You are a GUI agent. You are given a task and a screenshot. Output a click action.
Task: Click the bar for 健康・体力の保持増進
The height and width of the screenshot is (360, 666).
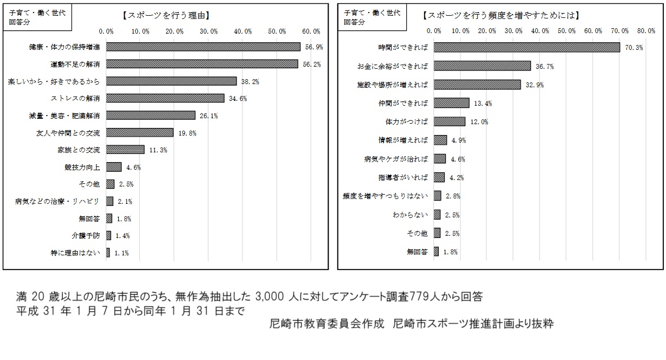(203, 47)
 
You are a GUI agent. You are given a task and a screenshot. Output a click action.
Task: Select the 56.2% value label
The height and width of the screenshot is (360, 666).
(313, 65)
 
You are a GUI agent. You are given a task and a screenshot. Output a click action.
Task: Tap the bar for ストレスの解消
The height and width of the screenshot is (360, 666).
(165, 98)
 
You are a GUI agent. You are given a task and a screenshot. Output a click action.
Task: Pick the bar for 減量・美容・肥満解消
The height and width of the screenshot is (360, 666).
(151, 115)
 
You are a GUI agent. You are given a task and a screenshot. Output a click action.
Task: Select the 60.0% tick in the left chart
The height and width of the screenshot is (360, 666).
(311, 31)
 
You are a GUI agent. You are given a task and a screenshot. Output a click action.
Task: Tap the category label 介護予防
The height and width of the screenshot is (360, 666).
(87, 235)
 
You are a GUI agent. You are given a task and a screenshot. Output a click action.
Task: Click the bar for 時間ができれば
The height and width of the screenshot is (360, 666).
(527, 48)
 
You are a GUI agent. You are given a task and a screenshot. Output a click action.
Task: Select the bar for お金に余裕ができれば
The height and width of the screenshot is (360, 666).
(482, 66)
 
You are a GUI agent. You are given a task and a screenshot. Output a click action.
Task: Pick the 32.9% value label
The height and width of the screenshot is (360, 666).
(535, 85)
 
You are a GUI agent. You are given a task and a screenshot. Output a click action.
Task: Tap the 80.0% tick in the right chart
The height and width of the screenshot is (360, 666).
(646, 31)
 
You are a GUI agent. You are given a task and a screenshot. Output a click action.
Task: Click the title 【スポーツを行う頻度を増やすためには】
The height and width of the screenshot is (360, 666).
(501, 16)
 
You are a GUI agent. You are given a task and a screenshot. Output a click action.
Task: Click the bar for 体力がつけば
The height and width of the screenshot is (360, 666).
(450, 121)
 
